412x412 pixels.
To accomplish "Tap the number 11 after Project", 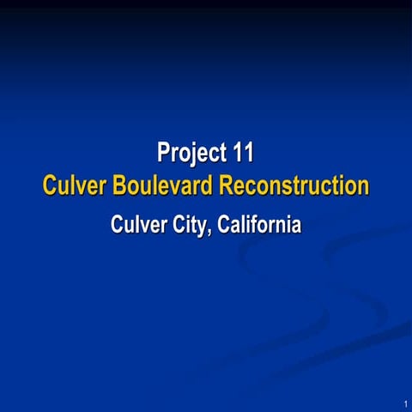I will point(243,154).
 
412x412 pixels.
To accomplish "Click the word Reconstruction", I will point(294,185).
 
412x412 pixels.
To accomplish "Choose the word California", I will point(259,226).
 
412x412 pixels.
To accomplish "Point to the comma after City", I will point(212,233).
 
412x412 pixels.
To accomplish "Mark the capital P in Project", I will point(163,154).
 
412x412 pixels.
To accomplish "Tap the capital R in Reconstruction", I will point(225,185).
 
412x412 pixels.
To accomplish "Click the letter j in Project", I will point(191,155).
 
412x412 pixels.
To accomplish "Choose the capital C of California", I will point(224,226).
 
